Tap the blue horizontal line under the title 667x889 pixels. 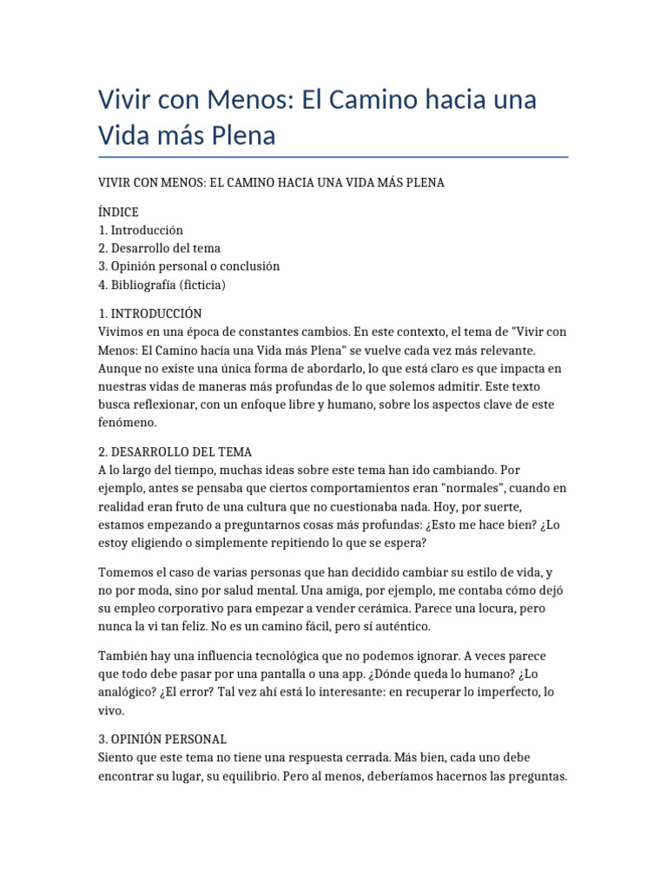pyautogui.click(x=333, y=157)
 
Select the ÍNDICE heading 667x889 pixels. pyautogui.click(x=119, y=212)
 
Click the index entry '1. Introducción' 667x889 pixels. pyautogui.click(x=141, y=230)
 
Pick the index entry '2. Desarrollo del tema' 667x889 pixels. pyautogui.click(x=160, y=248)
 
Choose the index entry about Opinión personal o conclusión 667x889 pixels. pyautogui.click(x=189, y=267)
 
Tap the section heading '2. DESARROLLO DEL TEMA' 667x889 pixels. pyautogui.click(x=175, y=452)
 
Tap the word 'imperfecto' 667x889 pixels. pyautogui.click(x=509, y=692)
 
